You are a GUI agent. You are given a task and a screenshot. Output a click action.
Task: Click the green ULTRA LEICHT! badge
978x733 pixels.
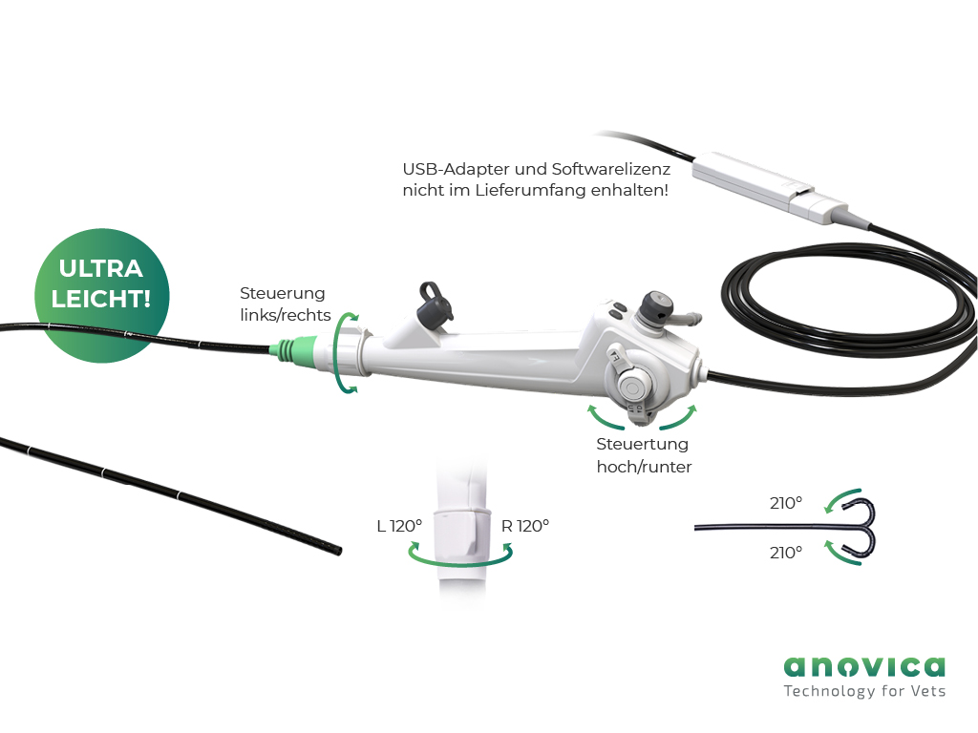click(x=101, y=296)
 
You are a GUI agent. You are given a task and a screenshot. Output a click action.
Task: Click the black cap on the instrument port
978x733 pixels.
click(x=435, y=304)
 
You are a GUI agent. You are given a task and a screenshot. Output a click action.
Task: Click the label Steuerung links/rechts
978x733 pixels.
click(x=285, y=304)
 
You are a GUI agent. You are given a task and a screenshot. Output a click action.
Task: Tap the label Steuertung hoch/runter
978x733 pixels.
click(x=644, y=455)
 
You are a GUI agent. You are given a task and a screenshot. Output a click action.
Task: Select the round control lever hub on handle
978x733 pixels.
click(x=632, y=387)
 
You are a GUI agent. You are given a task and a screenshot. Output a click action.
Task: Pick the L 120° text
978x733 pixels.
click(x=399, y=526)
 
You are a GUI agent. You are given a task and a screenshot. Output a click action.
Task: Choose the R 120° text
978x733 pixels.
click(x=525, y=526)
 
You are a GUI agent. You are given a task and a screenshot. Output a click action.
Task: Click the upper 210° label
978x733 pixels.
click(x=786, y=502)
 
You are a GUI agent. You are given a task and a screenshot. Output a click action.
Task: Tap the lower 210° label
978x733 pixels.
click(x=786, y=553)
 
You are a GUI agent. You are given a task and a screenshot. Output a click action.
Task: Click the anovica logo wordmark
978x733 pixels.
click(x=864, y=666)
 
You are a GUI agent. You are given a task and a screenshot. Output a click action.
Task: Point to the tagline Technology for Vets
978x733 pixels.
click(x=864, y=691)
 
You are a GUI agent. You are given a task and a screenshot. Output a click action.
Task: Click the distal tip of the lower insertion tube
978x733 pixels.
click(x=339, y=551)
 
